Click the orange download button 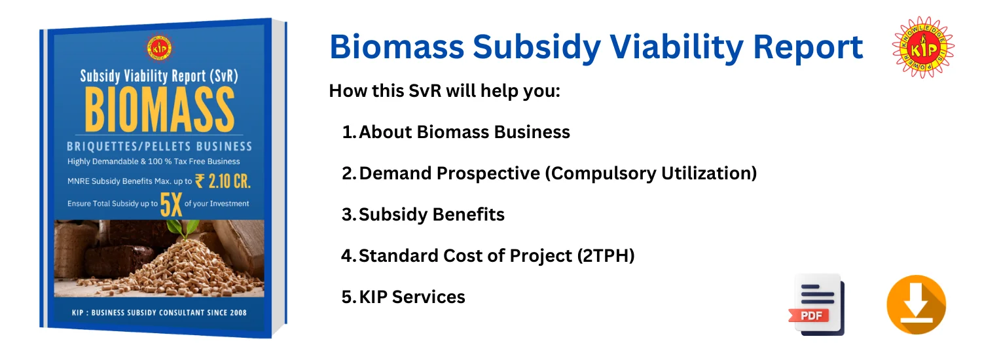point(917,305)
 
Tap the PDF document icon point(817,305)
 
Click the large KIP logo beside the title point(923,47)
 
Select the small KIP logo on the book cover point(158,48)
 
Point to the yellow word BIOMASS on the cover point(160,109)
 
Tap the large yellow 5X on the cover point(171,205)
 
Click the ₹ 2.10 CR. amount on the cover point(223,181)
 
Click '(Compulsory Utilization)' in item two point(651,173)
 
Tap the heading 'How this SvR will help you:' point(445,91)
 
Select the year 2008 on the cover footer point(238,313)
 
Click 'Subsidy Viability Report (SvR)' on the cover point(159,77)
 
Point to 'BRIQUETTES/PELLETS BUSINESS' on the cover point(160,147)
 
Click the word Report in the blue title point(808,47)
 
